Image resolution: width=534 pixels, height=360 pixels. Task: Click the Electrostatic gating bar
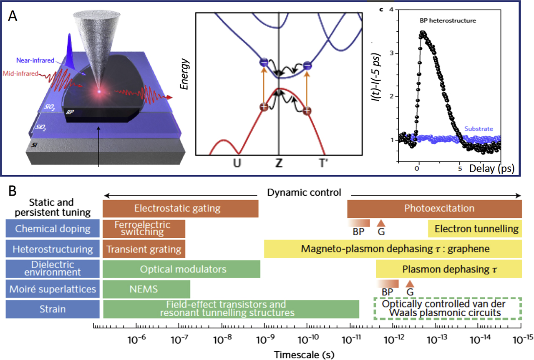[x=180, y=209]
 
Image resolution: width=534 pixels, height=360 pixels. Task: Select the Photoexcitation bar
[x=434, y=209]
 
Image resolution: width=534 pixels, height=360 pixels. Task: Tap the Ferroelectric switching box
[x=144, y=228]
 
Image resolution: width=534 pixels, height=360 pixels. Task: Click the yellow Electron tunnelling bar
[x=475, y=229]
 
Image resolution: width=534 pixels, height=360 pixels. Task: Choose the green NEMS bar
[x=146, y=289]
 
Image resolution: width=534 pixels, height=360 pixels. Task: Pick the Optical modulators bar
[x=181, y=269]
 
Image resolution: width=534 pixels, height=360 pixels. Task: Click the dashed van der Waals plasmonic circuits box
[x=447, y=309]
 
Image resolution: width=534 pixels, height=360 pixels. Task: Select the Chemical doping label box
[x=53, y=229]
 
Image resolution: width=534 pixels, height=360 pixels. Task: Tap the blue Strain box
[x=53, y=309]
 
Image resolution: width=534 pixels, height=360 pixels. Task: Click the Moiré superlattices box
[x=53, y=289]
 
